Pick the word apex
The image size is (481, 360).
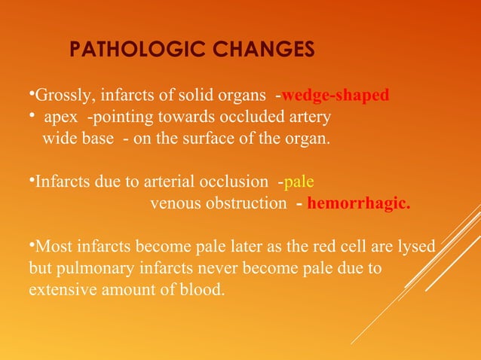point(61,118)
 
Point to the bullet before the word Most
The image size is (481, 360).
point(32,244)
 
